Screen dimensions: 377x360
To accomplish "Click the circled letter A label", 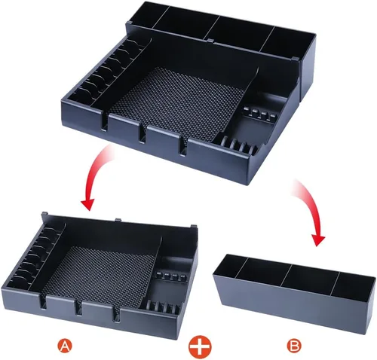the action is [65, 346].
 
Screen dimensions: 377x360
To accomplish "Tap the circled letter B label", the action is [294, 346].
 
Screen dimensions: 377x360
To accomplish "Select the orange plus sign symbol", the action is [200, 346].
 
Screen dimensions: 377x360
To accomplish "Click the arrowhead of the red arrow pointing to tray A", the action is [87, 203].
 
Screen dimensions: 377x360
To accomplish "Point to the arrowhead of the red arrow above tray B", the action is [317, 239].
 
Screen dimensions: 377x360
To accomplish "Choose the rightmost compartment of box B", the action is [353, 286].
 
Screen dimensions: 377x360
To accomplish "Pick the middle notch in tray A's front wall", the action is [78, 307].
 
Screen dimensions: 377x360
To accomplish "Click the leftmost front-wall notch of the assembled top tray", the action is [105, 122].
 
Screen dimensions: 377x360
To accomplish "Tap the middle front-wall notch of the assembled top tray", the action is [143, 133].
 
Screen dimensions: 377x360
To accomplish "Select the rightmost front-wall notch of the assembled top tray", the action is [183, 145].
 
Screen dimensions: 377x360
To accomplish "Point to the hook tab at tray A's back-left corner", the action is [44, 214].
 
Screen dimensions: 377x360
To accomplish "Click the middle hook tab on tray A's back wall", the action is [118, 220].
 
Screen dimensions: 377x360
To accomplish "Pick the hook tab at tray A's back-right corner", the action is [194, 227].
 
